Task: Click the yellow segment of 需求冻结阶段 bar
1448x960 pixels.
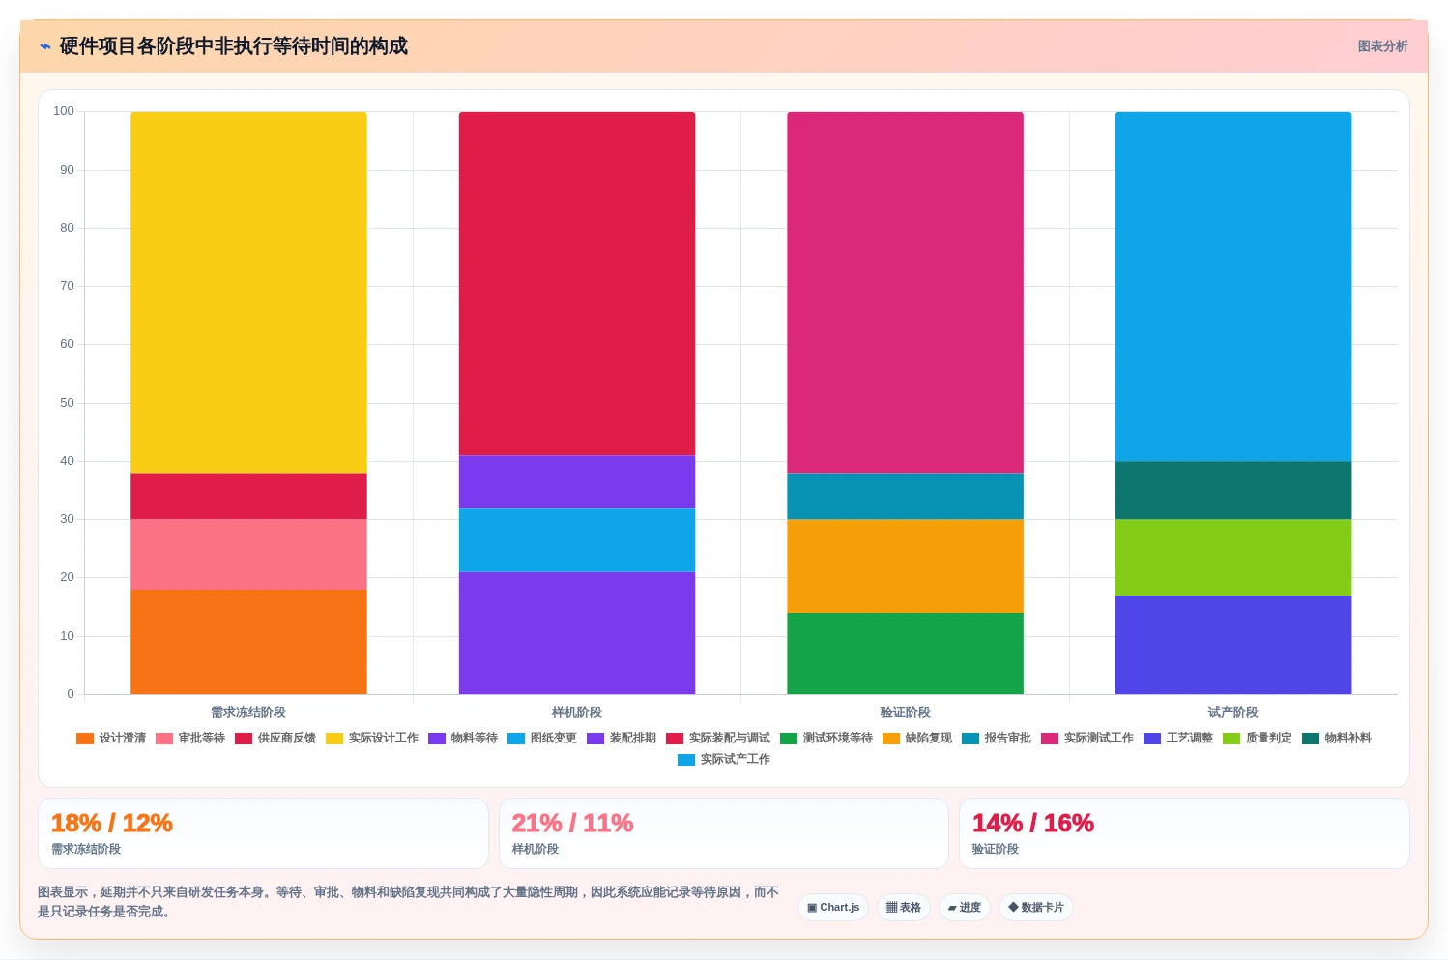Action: click(x=248, y=292)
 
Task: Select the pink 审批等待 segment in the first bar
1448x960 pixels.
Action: click(x=248, y=554)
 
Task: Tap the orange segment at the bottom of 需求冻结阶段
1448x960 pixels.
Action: click(x=248, y=642)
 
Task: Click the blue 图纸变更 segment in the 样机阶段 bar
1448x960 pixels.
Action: click(x=577, y=539)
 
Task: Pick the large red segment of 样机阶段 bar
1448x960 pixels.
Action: click(x=577, y=284)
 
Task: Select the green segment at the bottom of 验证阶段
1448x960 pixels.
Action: click(x=905, y=654)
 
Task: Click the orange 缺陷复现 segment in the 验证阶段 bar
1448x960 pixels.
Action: click(x=905, y=566)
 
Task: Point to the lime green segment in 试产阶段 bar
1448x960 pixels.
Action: click(x=1233, y=557)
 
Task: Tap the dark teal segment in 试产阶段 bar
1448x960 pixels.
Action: click(x=1233, y=490)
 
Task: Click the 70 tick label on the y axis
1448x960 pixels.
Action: click(x=68, y=286)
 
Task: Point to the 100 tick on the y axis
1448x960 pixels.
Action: click(x=64, y=111)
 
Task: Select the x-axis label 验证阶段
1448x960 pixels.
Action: click(x=905, y=713)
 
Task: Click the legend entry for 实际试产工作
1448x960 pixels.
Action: click(x=724, y=759)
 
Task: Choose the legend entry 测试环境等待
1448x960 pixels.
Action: click(x=826, y=739)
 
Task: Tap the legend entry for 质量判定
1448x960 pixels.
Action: click(x=1258, y=739)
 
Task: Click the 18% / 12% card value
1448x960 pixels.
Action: click(x=112, y=823)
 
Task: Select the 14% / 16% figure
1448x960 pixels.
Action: click(x=1033, y=823)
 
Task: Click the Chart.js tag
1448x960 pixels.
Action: click(x=833, y=907)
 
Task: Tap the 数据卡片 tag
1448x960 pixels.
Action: click(x=1035, y=907)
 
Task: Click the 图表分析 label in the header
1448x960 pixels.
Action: click(x=1382, y=46)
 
